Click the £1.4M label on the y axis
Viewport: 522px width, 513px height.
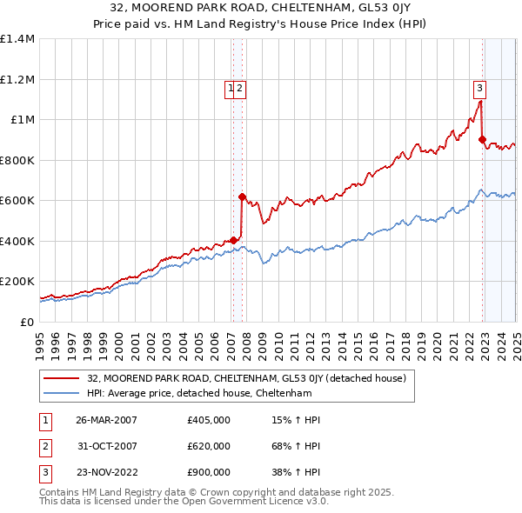(x=17, y=39)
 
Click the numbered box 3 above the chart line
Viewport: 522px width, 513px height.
(x=479, y=87)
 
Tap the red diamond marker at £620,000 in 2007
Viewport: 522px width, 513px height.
(x=243, y=197)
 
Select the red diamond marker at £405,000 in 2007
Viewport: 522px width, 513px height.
(x=233, y=240)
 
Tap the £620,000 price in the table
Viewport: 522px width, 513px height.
(x=209, y=446)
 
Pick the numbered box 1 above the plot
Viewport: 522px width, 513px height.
(x=231, y=87)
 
